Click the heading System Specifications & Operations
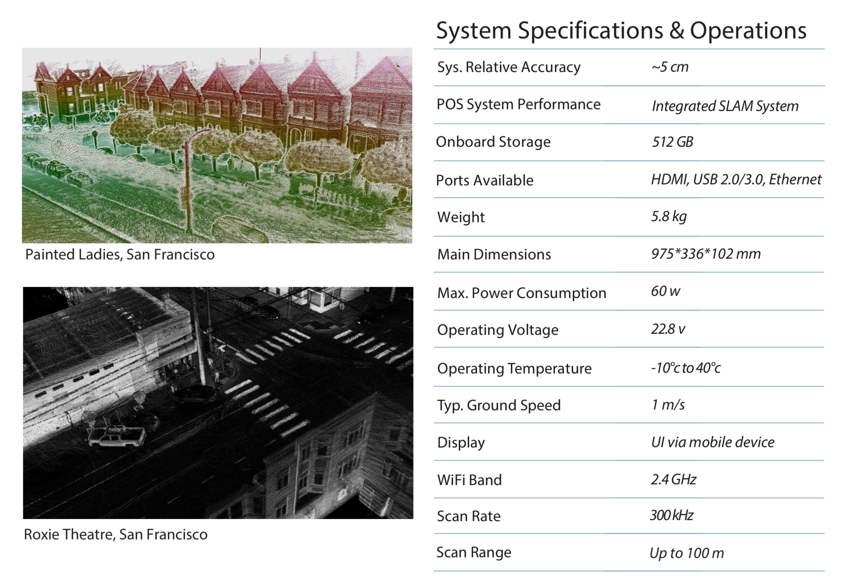pyautogui.click(x=621, y=31)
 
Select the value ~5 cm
pyautogui.click(x=670, y=67)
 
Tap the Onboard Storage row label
pyautogui.click(x=493, y=142)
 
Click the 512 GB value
pyautogui.click(x=672, y=142)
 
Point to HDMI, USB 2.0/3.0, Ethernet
pyautogui.click(x=736, y=180)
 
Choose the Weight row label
pyautogui.click(x=461, y=217)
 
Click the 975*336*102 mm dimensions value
pyautogui.click(x=706, y=254)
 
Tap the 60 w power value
pyautogui.click(x=666, y=291)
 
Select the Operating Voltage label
pyautogui.click(x=498, y=330)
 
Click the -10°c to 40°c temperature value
pyautogui.click(x=686, y=368)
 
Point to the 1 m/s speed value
pyautogui.click(x=668, y=405)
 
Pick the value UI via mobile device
pyautogui.click(x=713, y=442)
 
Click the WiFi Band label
pyautogui.click(x=469, y=480)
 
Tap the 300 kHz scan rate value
pyautogui.click(x=672, y=515)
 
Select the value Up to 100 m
pyautogui.click(x=687, y=553)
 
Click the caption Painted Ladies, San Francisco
pyautogui.click(x=120, y=254)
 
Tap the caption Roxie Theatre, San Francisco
pyautogui.click(x=116, y=535)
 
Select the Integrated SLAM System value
pyautogui.click(x=725, y=106)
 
